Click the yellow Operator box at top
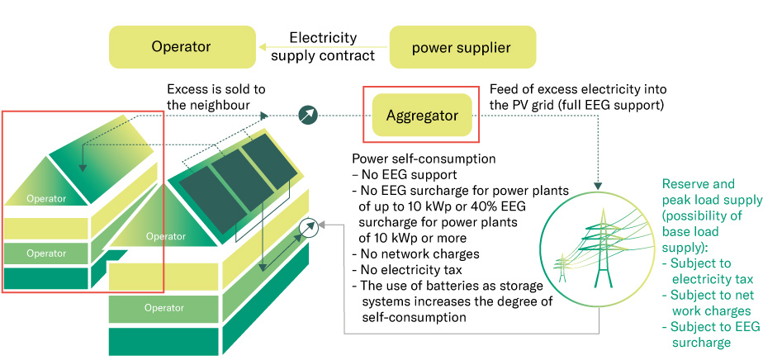[181, 47]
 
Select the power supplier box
[462, 47]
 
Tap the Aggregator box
[422, 116]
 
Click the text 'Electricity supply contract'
[323, 47]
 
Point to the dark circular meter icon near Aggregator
[307, 115]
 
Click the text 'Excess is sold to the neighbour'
[216, 97]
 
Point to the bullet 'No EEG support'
[405, 175]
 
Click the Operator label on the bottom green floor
[164, 308]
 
